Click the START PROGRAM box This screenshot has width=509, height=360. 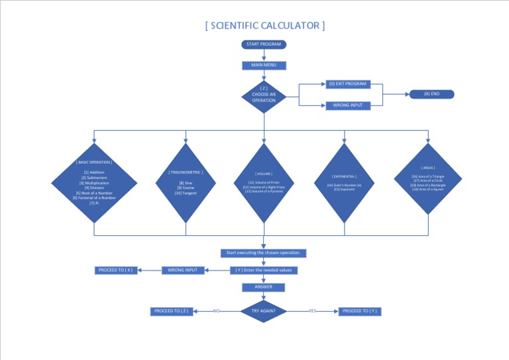coord(264,44)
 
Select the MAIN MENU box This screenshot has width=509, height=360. coord(264,65)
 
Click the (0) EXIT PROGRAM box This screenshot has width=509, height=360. coord(347,84)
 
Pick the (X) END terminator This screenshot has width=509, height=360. coord(431,94)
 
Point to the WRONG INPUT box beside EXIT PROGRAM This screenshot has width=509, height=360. coord(347,105)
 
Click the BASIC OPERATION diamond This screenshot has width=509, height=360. coord(94,182)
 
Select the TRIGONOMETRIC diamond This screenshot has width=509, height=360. coord(186,182)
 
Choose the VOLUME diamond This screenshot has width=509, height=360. coord(264,182)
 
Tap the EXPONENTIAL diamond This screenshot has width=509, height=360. coord(345,182)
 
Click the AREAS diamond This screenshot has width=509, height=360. coord(428,179)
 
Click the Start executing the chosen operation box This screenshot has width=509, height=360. coord(264,253)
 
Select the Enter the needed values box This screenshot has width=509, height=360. coord(264,270)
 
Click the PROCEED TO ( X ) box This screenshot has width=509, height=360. coord(117,270)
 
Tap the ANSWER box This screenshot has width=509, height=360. coord(264,287)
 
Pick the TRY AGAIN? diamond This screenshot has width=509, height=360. coord(264,311)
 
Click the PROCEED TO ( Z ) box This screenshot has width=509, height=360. coord(172,311)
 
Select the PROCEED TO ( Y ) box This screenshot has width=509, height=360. coord(361,311)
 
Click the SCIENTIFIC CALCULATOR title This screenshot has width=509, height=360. coord(265,26)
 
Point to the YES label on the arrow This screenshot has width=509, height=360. coord(313,311)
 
